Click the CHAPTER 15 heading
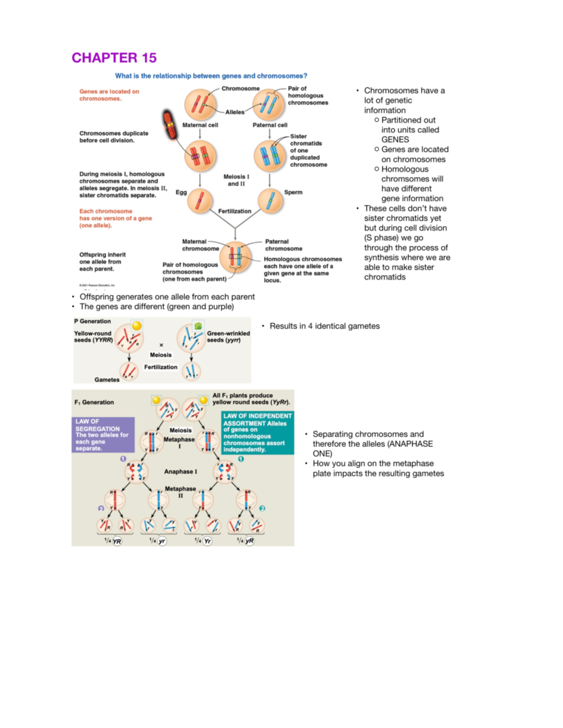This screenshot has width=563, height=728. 114,58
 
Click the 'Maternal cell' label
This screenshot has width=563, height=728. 200,125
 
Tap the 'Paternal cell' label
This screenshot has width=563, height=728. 270,125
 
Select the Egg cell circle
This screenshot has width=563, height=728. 200,201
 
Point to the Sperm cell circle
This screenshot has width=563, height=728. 270,201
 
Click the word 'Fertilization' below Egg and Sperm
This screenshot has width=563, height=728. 235,211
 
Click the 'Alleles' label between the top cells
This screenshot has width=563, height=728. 235,112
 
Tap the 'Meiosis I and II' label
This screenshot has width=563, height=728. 236,180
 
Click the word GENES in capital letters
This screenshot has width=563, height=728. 395,140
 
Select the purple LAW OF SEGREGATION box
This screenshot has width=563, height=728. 103,435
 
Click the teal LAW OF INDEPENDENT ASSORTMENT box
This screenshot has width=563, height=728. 258,433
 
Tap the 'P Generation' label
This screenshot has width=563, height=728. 92,322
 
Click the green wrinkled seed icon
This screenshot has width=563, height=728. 198,326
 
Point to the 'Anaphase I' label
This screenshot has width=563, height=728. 181,472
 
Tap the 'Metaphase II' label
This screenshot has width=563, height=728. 180,492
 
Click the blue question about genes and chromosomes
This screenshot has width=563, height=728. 211,76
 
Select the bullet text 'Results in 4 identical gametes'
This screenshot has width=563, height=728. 324,326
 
